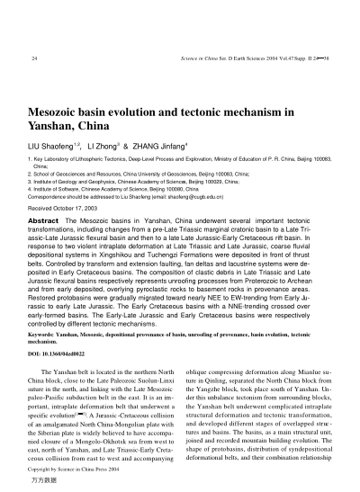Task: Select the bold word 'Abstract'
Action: pos(45,219)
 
